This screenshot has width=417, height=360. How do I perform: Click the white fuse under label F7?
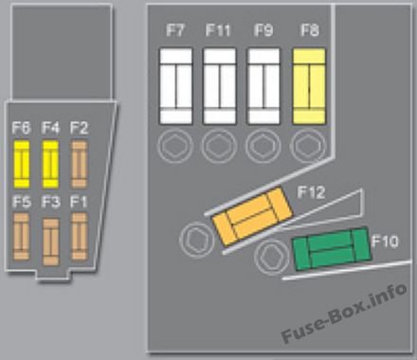point(176,86)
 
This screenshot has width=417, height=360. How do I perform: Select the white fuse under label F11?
point(220,86)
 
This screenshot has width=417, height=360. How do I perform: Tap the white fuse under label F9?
point(263,86)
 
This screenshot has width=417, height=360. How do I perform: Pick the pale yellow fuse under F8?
point(309,86)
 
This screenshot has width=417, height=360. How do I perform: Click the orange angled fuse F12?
point(252,216)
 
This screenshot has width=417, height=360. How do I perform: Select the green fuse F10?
point(332,248)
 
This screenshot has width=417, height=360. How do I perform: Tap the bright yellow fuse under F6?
point(22,164)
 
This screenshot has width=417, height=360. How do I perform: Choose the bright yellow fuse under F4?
point(50,164)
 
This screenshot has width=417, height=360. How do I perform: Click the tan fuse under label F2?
point(80,164)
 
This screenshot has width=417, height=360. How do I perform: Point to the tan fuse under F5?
point(22,237)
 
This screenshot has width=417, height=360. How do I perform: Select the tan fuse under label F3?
point(50,242)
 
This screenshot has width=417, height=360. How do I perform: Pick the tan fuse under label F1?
point(80,237)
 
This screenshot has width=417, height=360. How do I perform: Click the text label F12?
point(311,192)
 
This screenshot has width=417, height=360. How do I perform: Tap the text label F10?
point(385,241)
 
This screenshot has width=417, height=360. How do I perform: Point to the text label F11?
point(218,30)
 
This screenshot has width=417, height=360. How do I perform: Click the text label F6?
point(22,128)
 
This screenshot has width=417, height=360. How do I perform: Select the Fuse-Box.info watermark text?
point(344,313)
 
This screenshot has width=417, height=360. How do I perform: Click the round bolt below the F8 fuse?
point(308,146)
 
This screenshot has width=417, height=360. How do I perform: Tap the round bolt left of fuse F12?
point(197,240)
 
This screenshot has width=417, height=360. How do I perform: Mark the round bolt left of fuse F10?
point(272,258)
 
